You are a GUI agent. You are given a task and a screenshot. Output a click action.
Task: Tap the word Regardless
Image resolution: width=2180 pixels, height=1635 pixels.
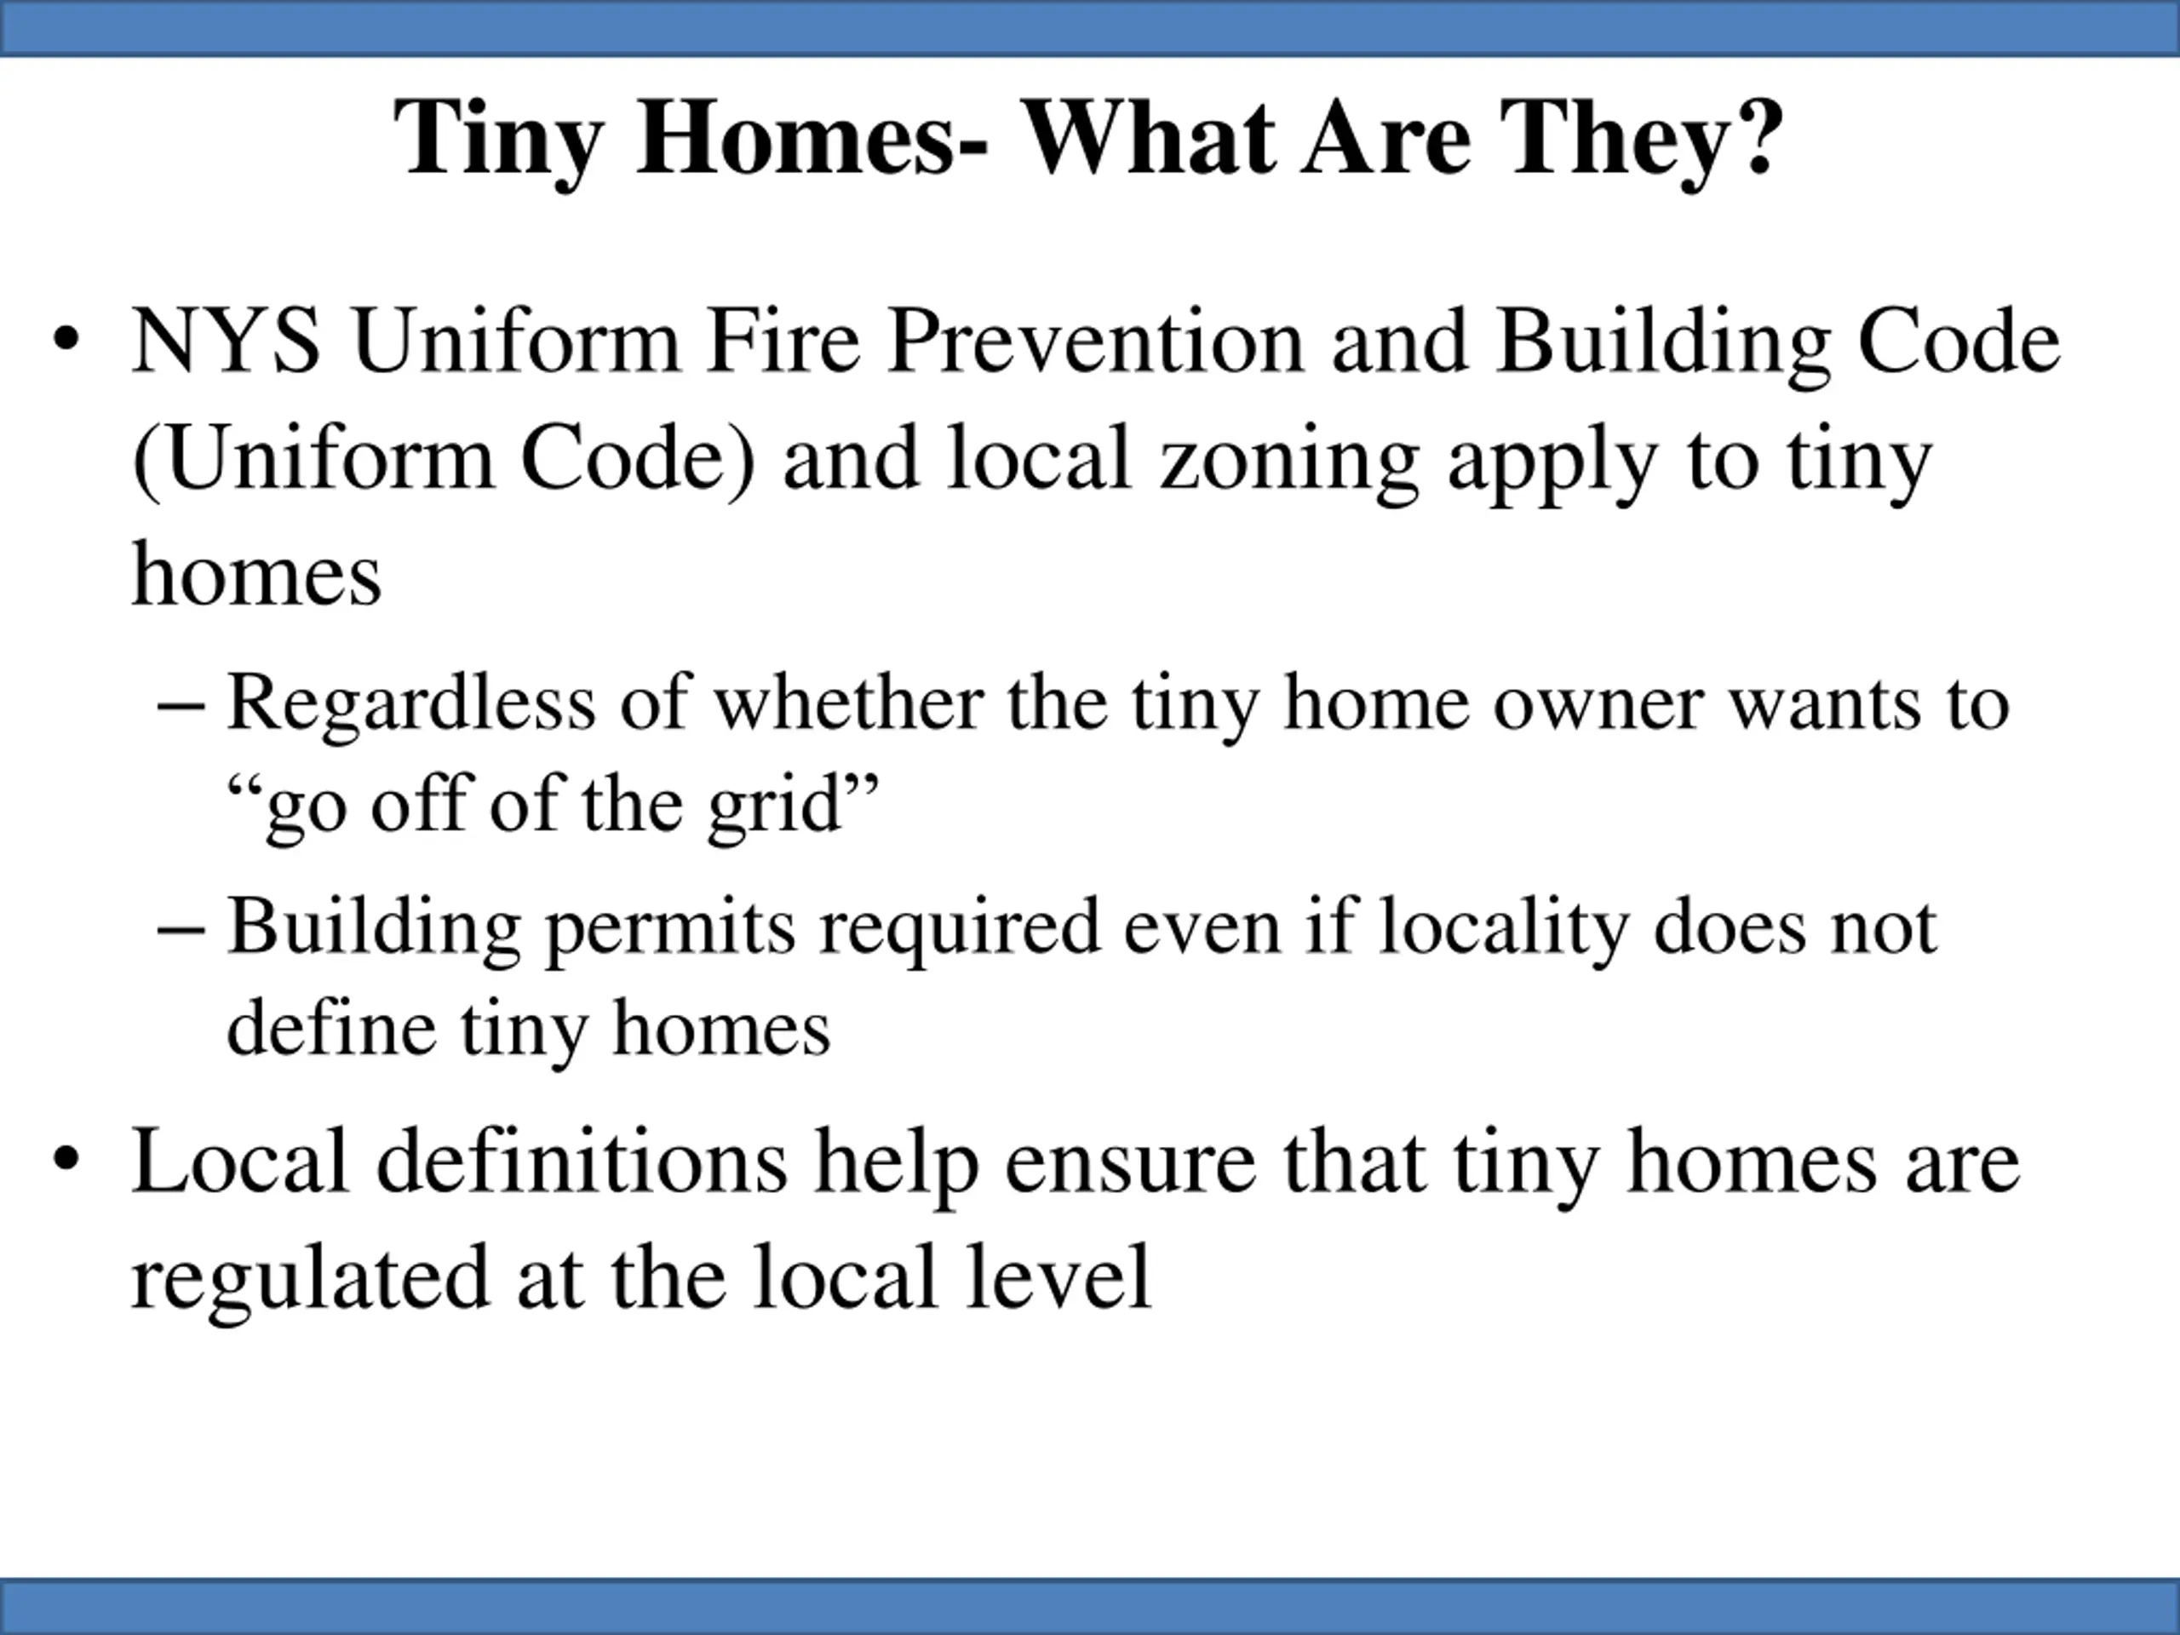[411, 703]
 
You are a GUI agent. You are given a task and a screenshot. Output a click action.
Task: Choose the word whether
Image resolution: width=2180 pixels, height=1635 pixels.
[848, 703]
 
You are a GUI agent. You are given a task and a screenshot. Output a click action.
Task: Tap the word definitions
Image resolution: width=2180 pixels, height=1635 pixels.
[582, 1161]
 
